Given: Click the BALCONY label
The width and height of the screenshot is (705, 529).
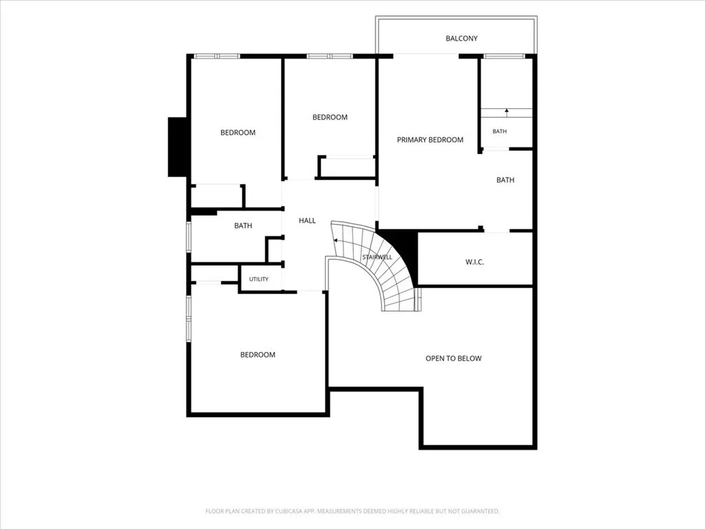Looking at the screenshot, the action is click(x=461, y=39).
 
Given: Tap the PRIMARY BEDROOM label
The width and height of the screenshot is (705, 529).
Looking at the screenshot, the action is click(x=430, y=140).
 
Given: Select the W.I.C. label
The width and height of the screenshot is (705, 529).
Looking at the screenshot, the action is click(x=475, y=262).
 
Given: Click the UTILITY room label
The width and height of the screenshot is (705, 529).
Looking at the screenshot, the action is click(x=259, y=280).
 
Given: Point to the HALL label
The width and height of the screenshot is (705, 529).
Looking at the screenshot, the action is click(x=307, y=220).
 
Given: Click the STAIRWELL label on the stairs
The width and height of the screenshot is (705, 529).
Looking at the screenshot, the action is click(x=377, y=258).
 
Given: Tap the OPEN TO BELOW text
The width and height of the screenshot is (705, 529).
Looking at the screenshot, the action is click(x=454, y=358).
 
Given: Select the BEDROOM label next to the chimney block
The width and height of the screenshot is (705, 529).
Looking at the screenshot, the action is click(x=238, y=133).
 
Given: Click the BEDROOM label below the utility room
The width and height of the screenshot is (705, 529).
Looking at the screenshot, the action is click(x=257, y=355).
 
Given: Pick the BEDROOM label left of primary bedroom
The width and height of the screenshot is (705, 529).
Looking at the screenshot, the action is click(x=330, y=117).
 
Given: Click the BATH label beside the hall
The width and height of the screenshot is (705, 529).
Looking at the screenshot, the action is click(x=243, y=226).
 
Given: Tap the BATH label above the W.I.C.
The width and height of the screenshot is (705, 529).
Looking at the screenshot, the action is click(x=505, y=180).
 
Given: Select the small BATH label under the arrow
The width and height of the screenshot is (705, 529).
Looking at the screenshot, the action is click(x=500, y=132).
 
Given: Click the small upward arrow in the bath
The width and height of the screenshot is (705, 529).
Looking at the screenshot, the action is click(x=507, y=113).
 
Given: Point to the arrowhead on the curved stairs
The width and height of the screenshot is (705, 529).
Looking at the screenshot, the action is click(x=335, y=240).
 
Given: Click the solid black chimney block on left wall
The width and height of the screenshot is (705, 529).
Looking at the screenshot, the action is click(x=177, y=147).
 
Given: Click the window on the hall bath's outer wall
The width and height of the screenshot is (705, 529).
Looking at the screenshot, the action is click(x=189, y=236).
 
